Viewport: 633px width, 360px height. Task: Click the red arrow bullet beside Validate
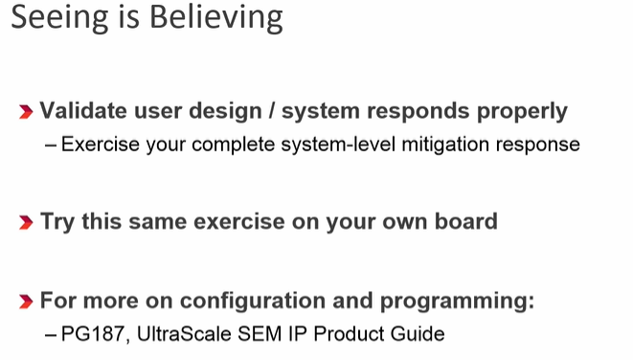pyautogui.click(x=27, y=112)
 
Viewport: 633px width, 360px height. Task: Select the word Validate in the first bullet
pyautogui.click(x=84, y=111)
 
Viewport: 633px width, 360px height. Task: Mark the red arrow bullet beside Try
pyautogui.click(x=27, y=223)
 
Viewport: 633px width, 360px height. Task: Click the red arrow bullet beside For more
pyautogui.click(x=27, y=302)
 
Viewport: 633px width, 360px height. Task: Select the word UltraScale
pyautogui.click(x=173, y=334)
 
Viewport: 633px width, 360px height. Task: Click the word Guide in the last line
pyautogui.click(x=419, y=334)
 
